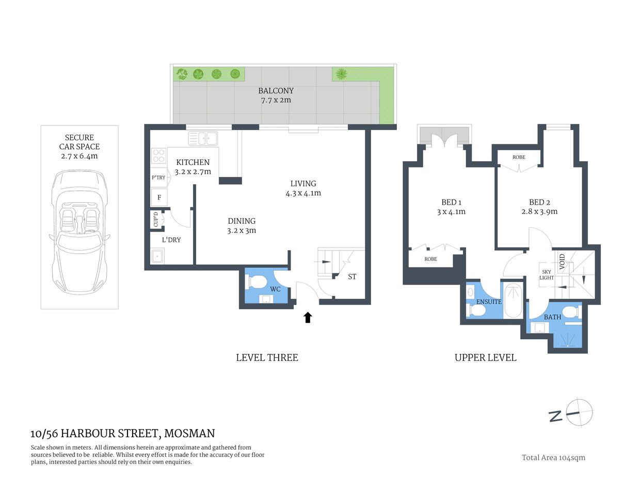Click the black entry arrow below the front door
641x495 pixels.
tap(308, 317)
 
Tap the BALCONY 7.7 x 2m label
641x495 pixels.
tap(276, 95)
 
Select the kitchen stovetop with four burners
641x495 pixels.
tap(158, 156)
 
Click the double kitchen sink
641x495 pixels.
tap(203, 138)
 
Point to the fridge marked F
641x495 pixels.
tap(159, 197)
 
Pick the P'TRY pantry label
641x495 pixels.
tap(158, 177)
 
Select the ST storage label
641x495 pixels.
tap(352, 277)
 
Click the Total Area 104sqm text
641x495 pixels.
tap(553, 457)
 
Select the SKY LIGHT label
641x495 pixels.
tap(547, 275)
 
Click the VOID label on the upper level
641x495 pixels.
tap(562, 262)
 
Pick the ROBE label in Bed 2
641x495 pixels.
tap(519, 157)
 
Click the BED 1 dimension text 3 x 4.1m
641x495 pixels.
tap(451, 212)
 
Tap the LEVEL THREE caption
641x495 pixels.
tap(267, 357)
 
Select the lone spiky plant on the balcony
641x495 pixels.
tap(341, 74)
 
